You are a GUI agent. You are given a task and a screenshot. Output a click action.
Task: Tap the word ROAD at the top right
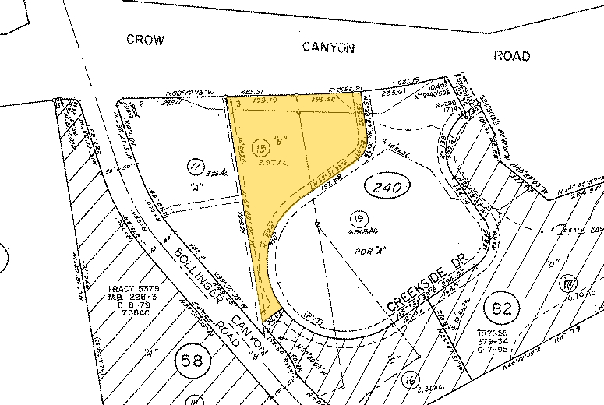[x=512, y=56]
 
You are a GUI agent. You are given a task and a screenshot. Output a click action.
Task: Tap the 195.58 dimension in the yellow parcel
[x=323, y=100]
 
